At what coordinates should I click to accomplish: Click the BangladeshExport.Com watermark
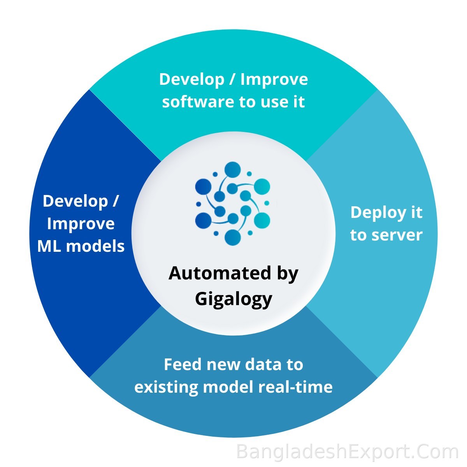click(347, 451)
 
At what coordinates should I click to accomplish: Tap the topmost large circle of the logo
click(232, 169)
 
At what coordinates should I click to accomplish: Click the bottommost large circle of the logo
click(233, 237)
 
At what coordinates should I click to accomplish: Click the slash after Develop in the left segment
click(115, 201)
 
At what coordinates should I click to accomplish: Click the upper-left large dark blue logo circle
click(203, 187)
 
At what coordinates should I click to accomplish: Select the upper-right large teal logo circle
click(262, 187)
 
